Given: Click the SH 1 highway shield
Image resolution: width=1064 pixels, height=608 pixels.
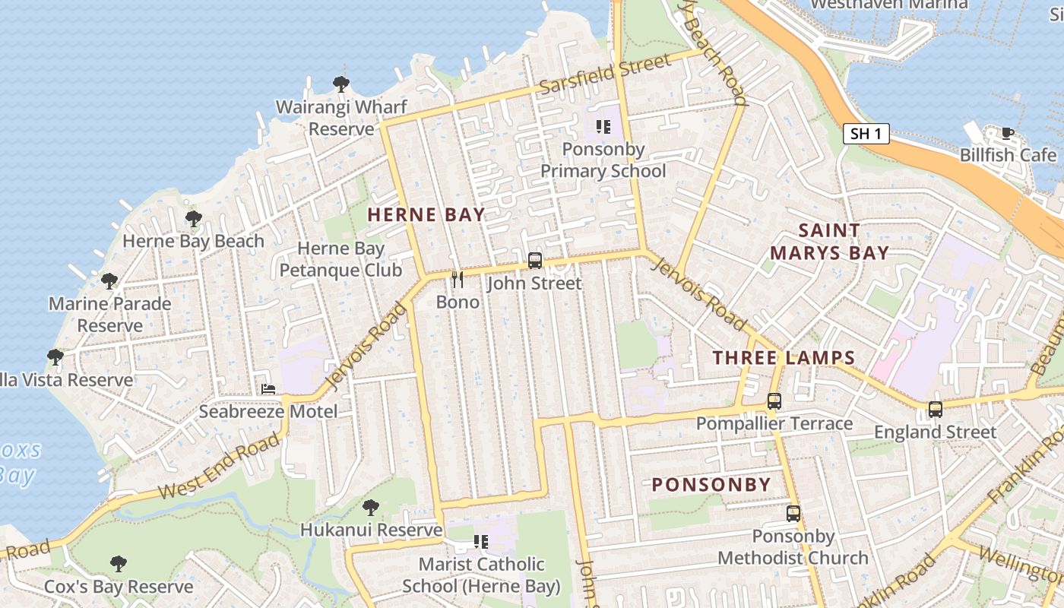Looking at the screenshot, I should point(866,135).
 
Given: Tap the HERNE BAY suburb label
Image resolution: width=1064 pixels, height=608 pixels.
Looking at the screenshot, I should point(426,215).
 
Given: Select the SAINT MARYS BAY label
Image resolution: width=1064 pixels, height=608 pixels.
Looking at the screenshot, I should point(829,242).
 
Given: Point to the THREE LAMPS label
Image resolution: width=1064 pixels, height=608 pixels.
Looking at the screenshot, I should point(784,358).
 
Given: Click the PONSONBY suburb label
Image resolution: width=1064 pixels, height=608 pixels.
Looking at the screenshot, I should point(711,485).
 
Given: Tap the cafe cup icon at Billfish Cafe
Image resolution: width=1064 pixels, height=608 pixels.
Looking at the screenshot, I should point(1008,134).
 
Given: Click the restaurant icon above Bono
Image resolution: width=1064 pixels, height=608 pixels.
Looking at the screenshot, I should point(458,280).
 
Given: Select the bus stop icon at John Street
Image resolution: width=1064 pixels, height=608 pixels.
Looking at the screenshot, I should point(535,261).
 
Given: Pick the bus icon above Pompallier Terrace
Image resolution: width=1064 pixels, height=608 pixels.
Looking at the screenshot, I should point(774,401).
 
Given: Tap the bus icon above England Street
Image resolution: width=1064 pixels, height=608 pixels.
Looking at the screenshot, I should point(935,410).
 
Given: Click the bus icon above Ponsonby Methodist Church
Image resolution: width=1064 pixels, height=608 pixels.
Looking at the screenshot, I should point(793,514).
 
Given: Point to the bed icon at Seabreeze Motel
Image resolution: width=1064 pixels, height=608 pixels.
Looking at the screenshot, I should point(268,389).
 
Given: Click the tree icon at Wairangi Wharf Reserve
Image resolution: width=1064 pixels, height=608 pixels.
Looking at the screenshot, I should point(341,84).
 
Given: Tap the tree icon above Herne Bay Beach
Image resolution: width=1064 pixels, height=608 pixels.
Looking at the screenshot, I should point(194,219).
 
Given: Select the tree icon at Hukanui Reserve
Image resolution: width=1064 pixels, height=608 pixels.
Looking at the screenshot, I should point(371,507).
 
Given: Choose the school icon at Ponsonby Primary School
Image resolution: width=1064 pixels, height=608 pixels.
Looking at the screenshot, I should point(603,127).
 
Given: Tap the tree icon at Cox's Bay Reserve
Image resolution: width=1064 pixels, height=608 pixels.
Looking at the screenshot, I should point(118,564).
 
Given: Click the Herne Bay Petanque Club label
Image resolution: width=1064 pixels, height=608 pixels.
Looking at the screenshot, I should point(340,259).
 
